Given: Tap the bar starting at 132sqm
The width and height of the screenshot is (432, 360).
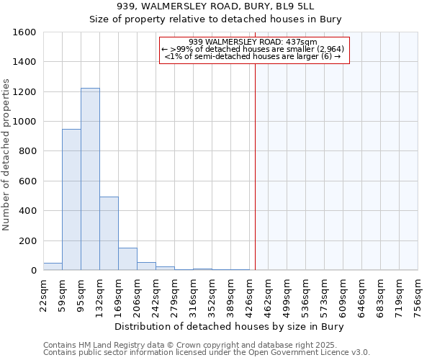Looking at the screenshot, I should coord(109,233).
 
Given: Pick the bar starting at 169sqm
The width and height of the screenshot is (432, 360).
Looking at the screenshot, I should coord(127,258).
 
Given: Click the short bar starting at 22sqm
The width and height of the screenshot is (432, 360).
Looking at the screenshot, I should coord(53,266).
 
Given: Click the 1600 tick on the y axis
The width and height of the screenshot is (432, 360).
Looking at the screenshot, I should coord(24,32).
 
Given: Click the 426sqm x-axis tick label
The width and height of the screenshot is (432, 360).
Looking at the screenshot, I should coord(250,294).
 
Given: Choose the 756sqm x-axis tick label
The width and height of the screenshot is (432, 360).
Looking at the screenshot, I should coord(418,294).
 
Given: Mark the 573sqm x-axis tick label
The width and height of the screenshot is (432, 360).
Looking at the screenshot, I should coord(325,294).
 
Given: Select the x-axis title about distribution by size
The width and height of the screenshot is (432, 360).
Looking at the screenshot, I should coord(230,326).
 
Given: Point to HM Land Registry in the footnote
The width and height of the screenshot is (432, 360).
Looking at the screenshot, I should coord(108,345).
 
